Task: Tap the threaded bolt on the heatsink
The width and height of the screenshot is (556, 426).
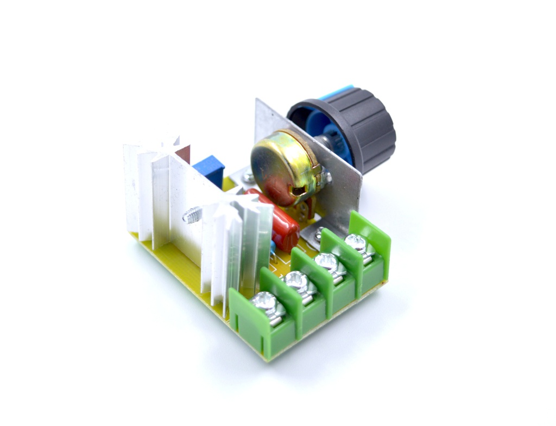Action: (x=192, y=216)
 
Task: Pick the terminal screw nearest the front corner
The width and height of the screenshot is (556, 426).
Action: (x=266, y=301)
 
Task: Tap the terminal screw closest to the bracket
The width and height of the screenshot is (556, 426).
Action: (x=356, y=241)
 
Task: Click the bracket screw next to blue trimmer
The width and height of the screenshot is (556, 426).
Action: (x=248, y=176)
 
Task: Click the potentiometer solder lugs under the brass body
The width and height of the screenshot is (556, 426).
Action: (x=304, y=209)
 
